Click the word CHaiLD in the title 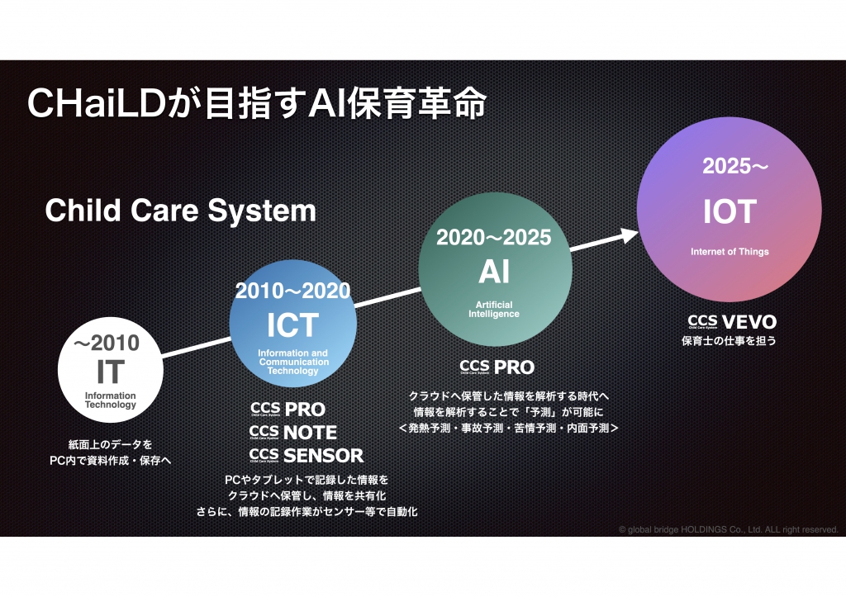coord(96,102)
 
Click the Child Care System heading coord(180,211)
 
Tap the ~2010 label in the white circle coord(107,343)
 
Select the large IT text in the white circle coord(111,372)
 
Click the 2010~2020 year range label coord(292,291)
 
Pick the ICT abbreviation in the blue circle coord(292,325)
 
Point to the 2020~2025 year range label coord(494,237)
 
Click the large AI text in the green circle coord(494,272)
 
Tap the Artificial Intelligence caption coord(494,310)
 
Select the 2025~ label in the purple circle coord(734,166)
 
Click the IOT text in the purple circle coord(730,211)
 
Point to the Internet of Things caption coord(730,252)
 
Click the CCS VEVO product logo coord(732,322)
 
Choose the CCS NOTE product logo coord(293,433)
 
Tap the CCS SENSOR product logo coord(307,456)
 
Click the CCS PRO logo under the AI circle coord(497,367)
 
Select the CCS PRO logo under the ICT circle coord(288,410)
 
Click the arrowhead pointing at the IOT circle coord(629,235)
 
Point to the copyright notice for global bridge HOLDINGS coord(729,529)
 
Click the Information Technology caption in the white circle coord(111,400)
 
